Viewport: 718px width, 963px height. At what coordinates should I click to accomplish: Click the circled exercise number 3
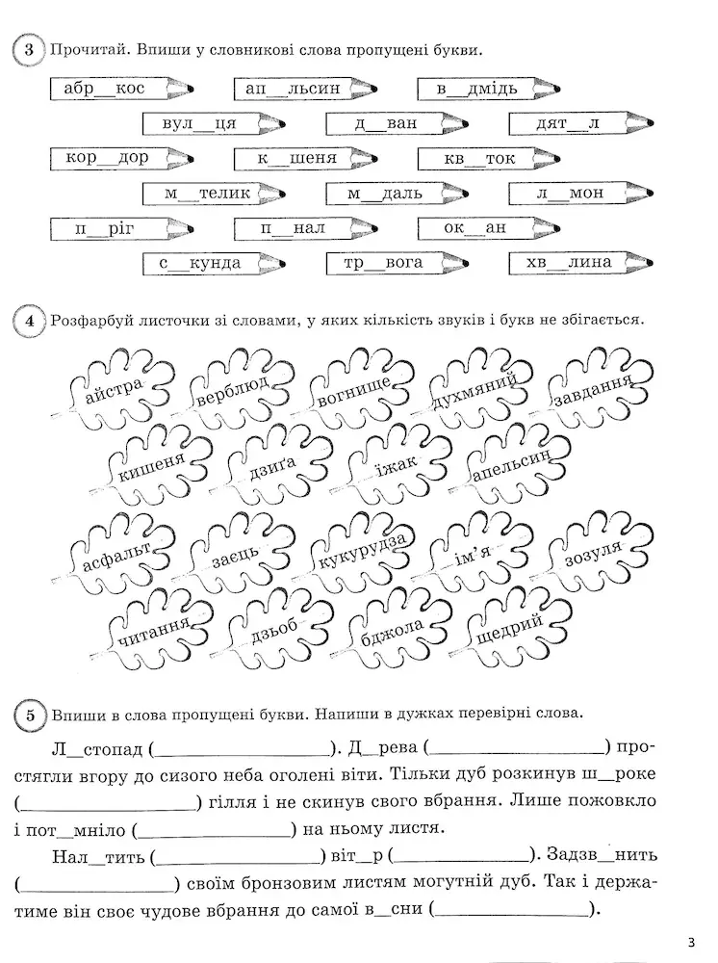coord(28,50)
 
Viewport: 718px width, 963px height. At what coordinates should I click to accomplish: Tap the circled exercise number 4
coord(29,321)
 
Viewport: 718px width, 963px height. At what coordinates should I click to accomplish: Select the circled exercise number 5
coord(30,716)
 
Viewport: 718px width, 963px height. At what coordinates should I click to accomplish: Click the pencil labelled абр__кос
coord(121,89)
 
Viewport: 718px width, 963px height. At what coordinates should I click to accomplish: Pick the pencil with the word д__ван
coord(397,123)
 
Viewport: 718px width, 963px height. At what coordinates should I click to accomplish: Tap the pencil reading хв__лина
coord(581,263)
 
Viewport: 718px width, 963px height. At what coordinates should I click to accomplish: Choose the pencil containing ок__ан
coord(489,228)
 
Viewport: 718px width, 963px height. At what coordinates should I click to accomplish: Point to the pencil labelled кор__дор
coord(121,159)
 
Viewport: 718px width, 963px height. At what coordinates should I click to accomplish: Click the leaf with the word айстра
coord(116,388)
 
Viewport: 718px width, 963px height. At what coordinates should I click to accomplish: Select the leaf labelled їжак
coord(396,465)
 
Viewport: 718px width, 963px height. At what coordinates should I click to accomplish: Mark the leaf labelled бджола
coord(394,629)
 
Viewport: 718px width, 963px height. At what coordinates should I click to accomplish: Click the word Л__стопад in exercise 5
coord(98,750)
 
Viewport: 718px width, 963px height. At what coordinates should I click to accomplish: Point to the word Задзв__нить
coord(602,854)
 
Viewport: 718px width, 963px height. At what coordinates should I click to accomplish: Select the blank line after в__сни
coord(512,913)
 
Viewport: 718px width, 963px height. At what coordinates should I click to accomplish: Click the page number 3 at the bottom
coord(691,943)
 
